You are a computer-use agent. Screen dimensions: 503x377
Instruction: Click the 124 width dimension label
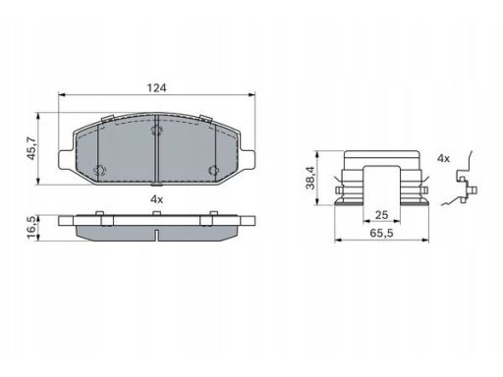point(156,88)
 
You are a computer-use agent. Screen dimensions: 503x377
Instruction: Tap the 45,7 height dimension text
point(32,148)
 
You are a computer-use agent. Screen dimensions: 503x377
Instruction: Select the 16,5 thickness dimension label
point(32,228)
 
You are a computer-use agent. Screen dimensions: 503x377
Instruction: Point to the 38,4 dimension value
point(309,178)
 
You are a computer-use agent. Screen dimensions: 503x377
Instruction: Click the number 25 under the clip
point(381,215)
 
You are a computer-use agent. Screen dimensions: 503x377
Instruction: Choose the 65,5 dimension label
point(381,234)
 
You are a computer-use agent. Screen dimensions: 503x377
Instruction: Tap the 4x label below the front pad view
point(156,199)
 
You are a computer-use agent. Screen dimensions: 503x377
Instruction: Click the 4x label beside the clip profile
point(443,159)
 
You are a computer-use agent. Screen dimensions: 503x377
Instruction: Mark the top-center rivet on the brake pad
point(157,131)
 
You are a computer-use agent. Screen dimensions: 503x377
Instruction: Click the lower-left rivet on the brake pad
point(99,170)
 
